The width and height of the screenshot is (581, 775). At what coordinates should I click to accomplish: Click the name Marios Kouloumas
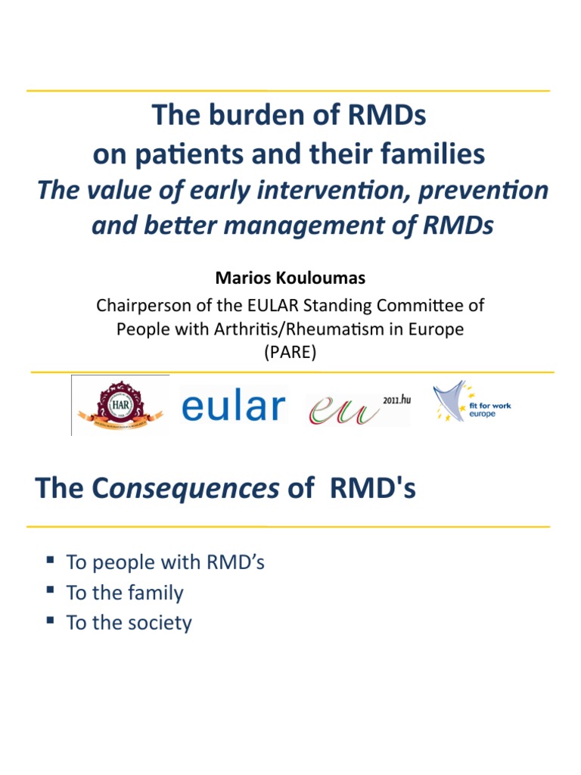290,279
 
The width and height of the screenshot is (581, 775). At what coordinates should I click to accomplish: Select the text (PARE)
290,353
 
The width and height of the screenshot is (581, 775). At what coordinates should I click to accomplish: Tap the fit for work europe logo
472,404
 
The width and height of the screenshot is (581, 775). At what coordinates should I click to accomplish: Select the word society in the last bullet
160,623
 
